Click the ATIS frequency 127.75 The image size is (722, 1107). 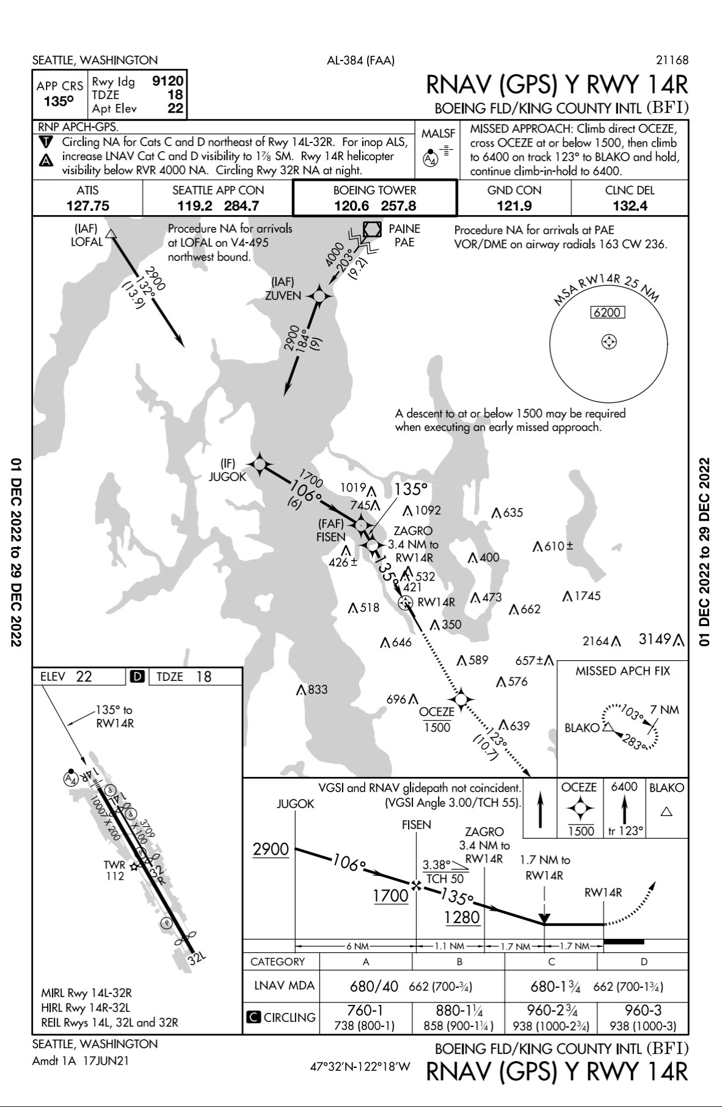tap(87, 206)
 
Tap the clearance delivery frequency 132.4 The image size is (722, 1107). tap(630, 206)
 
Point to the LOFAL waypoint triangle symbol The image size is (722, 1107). tap(111, 234)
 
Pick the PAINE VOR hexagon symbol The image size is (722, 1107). tap(372, 229)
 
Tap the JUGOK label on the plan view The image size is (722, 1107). tap(227, 477)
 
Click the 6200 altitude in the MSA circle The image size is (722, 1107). tap(607, 313)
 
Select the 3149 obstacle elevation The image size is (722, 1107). tap(655, 639)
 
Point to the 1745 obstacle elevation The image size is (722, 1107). tap(587, 596)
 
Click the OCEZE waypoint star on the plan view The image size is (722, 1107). tap(461, 698)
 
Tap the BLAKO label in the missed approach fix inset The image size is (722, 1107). tap(582, 728)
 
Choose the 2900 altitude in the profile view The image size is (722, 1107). tap(271, 849)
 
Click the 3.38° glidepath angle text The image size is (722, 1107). tap(436, 865)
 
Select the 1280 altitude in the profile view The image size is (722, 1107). tap(462, 917)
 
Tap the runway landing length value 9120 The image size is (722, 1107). tap(168, 81)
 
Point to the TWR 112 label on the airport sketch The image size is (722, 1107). tap(115, 870)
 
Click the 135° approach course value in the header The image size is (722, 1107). tap(59, 101)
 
